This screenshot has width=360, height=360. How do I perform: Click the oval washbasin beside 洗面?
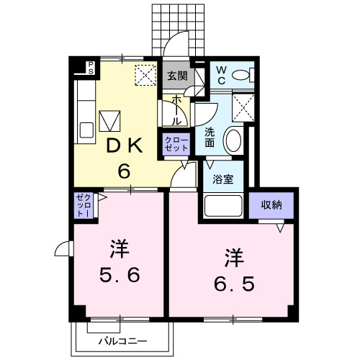(233, 139)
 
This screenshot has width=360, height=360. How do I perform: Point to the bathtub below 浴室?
(224, 206)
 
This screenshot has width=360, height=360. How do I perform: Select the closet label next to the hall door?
(176, 143)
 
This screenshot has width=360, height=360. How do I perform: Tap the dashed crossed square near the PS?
(146, 74)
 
